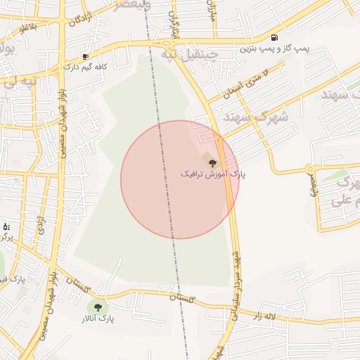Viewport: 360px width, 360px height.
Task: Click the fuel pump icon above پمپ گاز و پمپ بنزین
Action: [x=274, y=37]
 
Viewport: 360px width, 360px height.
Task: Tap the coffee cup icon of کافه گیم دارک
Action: [x=85, y=56]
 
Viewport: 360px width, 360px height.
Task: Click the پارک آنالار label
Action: [x=97, y=319]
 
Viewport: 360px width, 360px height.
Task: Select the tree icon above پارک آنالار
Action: [x=97, y=307]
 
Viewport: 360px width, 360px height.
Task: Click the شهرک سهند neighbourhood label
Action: [x=247, y=117]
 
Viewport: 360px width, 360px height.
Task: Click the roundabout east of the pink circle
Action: [x=309, y=168]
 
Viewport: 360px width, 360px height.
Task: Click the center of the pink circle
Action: [x=180, y=179]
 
